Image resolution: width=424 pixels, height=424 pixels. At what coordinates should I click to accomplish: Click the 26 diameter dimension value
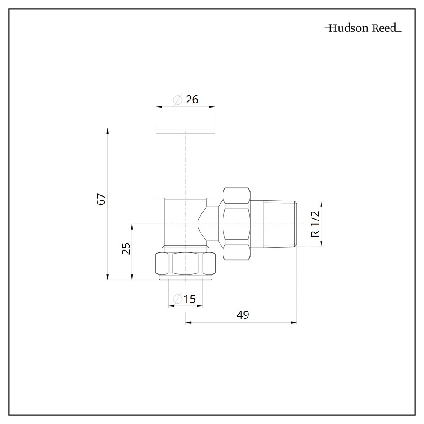192,100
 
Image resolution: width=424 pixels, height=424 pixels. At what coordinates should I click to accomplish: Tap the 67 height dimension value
101,199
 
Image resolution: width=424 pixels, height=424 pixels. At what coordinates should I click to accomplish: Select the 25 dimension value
126,248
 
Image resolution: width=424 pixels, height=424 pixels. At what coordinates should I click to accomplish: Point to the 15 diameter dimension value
190,299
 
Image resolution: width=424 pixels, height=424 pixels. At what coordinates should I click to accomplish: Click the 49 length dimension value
243,315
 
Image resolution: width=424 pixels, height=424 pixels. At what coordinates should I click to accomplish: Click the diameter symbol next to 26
178,100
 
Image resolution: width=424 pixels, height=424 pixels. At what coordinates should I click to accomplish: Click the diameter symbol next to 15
178,299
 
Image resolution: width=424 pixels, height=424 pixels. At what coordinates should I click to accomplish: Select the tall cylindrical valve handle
186,163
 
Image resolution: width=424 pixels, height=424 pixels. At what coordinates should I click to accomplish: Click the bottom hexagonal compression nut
186,264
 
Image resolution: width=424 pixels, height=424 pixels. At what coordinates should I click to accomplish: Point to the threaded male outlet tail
280,224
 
